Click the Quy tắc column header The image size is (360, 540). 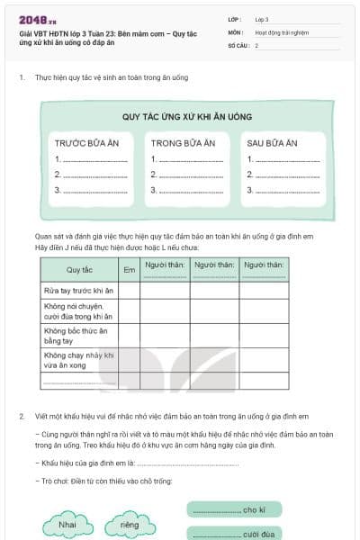(79, 269)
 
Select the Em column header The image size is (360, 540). (129, 269)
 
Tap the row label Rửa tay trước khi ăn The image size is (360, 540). (77, 290)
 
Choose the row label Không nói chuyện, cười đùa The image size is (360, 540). (77, 311)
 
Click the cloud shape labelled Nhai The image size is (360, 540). (66, 524)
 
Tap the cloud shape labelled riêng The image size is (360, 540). (130, 524)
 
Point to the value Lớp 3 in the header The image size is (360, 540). (262, 18)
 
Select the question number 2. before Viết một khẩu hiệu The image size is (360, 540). (21, 417)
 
